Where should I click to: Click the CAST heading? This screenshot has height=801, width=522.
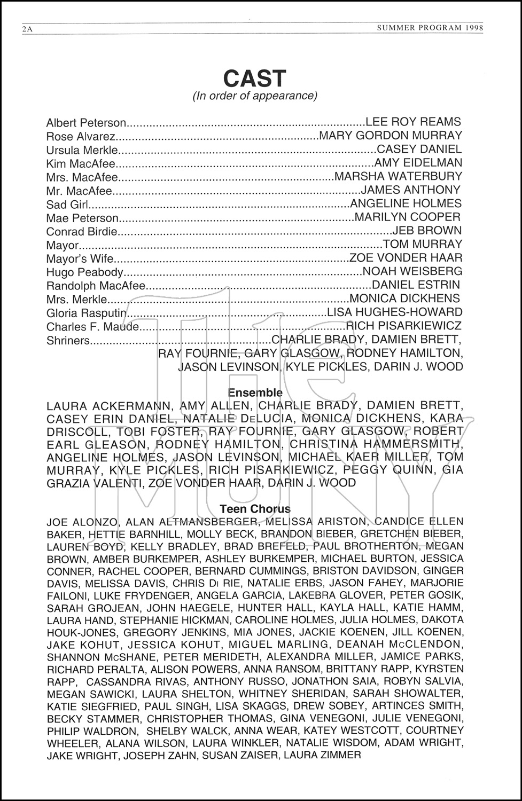point(255,78)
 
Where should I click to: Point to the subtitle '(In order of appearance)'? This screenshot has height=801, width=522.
point(255,96)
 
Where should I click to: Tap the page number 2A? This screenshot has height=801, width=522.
point(27,29)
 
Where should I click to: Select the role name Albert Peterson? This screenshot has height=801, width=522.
point(87,123)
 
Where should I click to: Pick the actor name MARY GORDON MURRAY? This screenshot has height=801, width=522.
point(390,136)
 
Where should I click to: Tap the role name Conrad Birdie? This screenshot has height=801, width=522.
point(81,232)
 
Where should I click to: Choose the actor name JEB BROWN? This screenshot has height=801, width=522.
point(427,231)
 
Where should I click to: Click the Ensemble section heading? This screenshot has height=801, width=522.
point(255,393)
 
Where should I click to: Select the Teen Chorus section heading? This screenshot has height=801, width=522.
point(255,509)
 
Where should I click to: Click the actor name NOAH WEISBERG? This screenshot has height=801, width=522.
point(412,271)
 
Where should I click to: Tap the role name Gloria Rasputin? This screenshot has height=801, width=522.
point(87,313)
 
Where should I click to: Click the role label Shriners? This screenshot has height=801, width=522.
point(68,340)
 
